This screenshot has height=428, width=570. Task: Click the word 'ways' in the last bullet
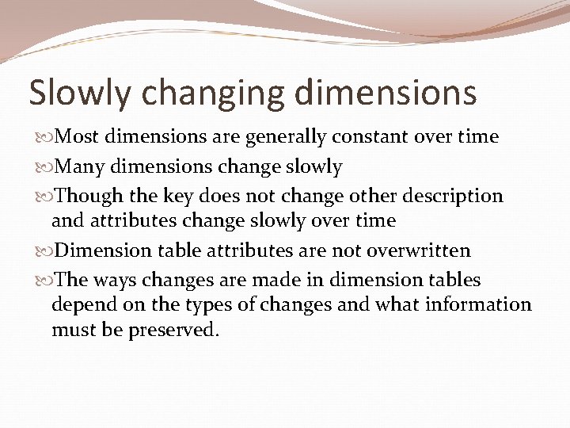tap(120, 281)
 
